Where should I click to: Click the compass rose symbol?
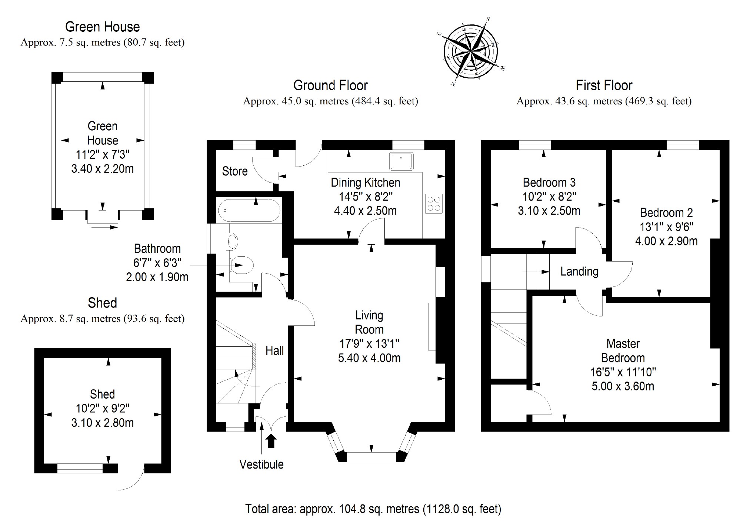click(x=471, y=52)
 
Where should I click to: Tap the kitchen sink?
click(x=401, y=161)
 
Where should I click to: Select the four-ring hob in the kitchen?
click(x=434, y=203)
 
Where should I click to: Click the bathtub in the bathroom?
click(x=249, y=211)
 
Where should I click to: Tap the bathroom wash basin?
click(x=232, y=242)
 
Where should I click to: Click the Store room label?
click(x=235, y=171)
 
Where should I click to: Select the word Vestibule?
click(x=261, y=464)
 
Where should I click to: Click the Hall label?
click(x=274, y=350)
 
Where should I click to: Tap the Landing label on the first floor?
click(x=579, y=271)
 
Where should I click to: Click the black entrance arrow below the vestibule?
click(x=271, y=441)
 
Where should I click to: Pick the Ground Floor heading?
click(x=330, y=85)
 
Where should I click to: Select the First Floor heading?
click(x=604, y=85)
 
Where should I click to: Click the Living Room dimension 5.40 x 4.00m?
click(x=369, y=358)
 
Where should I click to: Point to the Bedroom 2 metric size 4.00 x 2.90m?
click(x=666, y=241)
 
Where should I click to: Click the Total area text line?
click(x=373, y=509)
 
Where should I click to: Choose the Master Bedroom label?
click(x=623, y=350)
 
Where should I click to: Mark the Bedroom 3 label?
click(x=549, y=182)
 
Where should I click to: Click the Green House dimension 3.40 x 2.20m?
click(x=103, y=168)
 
